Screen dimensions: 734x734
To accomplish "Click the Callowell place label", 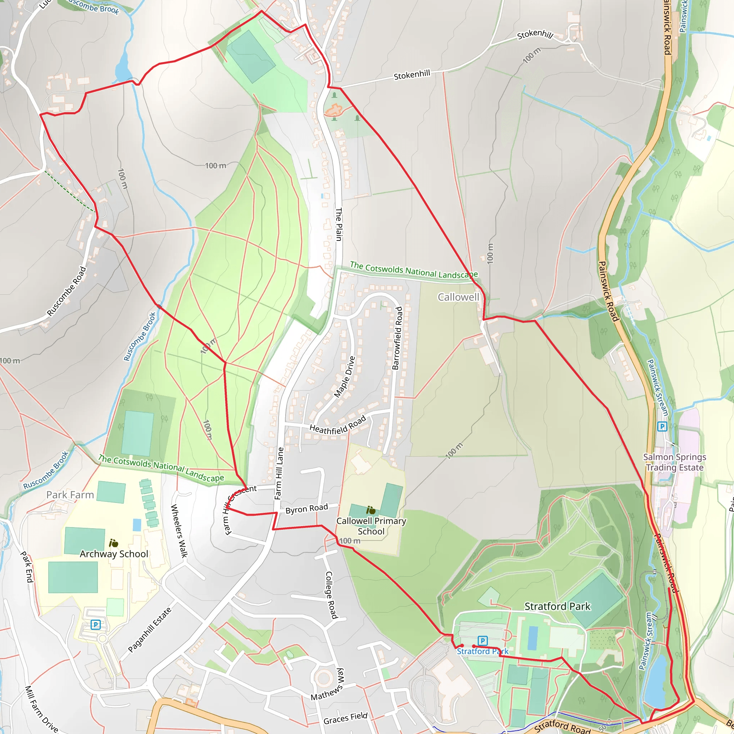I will click(458, 297).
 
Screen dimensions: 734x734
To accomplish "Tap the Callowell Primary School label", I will click(371, 526).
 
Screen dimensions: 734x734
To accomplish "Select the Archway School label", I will click(114, 554).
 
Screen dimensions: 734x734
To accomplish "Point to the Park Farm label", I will click(70, 495).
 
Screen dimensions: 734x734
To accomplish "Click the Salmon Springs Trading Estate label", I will click(675, 462).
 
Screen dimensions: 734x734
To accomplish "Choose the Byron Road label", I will click(306, 509).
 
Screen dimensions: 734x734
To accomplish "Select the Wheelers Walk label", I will click(179, 531).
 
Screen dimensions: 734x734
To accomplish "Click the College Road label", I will click(331, 595).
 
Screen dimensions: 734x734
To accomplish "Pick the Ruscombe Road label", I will click(67, 291).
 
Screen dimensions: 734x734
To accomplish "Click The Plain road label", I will click(338, 224).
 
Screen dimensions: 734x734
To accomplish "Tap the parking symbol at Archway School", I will click(96, 625).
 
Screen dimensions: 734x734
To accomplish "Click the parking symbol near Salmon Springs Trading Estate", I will click(662, 426).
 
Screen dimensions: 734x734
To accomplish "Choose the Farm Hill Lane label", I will click(279, 473).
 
